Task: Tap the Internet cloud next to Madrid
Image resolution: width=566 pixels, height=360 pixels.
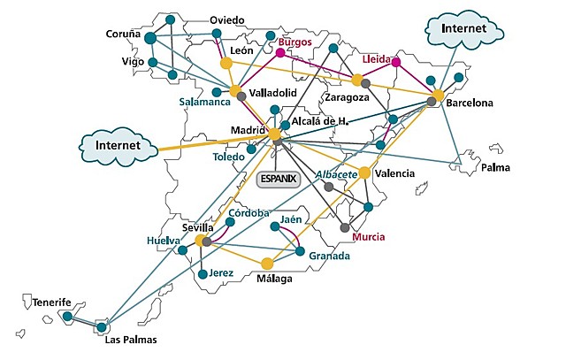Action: pos(118,143)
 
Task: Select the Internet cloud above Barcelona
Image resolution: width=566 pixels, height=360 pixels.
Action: pos(463,29)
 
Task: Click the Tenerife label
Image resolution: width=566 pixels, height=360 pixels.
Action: pos(52,303)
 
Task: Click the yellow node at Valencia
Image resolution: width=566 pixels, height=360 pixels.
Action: pos(364,172)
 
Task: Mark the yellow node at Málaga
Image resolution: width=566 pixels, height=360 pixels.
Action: pos(267,263)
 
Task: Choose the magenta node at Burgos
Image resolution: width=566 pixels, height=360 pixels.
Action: pos(280,53)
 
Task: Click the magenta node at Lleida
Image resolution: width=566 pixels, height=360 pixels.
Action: pos(396,62)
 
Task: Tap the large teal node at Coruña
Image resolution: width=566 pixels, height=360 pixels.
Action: pos(150,37)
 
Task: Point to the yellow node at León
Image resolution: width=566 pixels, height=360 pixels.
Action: pos(226,64)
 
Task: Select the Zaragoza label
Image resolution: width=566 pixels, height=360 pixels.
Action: pos(347,97)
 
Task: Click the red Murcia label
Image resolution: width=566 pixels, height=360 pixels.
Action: pos(368,237)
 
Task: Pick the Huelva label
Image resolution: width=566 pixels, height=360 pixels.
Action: pos(164,240)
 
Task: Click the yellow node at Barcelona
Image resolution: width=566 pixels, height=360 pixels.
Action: pos(438,95)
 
